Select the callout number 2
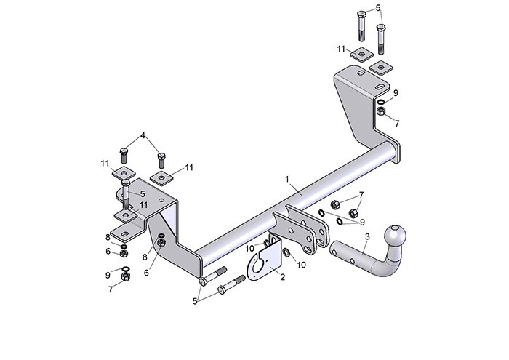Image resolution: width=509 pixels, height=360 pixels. (283, 277)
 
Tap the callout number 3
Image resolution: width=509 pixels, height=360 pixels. (367, 236)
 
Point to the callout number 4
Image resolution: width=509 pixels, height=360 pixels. (143, 135)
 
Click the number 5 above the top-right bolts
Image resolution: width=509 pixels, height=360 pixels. (378, 9)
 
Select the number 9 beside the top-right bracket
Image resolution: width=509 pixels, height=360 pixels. (396, 94)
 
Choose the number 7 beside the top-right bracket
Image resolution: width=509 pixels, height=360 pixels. (397, 124)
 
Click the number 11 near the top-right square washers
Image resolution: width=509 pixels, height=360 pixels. (340, 48)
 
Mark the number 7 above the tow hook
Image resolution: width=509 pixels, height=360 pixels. (361, 196)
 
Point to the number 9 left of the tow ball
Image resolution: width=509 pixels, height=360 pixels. (361, 222)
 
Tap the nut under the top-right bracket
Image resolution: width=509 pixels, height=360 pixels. (381, 113)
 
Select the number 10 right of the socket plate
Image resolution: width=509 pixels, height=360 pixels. (301, 265)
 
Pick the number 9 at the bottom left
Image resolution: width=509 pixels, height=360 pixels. (108, 276)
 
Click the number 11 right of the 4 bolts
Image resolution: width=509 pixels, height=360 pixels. (189, 168)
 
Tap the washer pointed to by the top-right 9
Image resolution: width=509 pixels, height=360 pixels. (380, 102)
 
